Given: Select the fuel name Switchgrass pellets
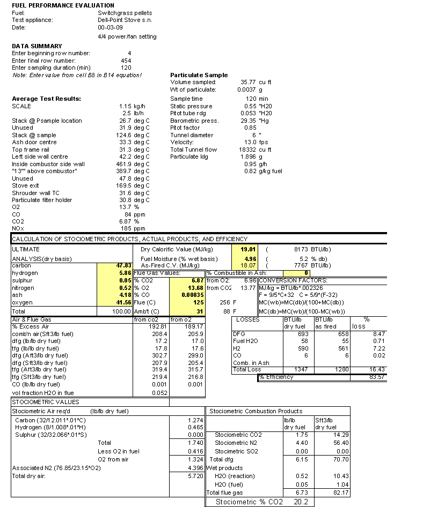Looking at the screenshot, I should tap(125, 13).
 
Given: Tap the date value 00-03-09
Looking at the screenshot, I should tap(110, 27).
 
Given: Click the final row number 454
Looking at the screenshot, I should tap(126, 61).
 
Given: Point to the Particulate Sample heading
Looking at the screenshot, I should tap(199, 75).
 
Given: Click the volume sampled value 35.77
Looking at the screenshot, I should tap(249, 83).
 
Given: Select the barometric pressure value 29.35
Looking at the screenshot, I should tap(249, 121).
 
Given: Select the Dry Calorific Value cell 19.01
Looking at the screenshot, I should tap(249, 249).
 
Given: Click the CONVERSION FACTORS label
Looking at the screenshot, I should tap(293, 280).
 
